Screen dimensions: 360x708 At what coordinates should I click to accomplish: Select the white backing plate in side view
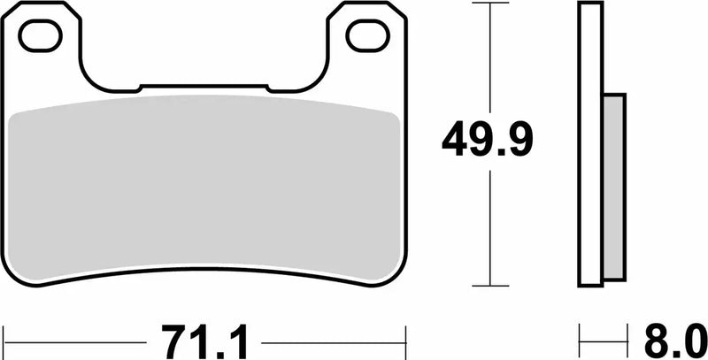[x=591, y=146]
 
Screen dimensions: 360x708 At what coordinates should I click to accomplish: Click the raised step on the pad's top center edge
[x=203, y=87]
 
